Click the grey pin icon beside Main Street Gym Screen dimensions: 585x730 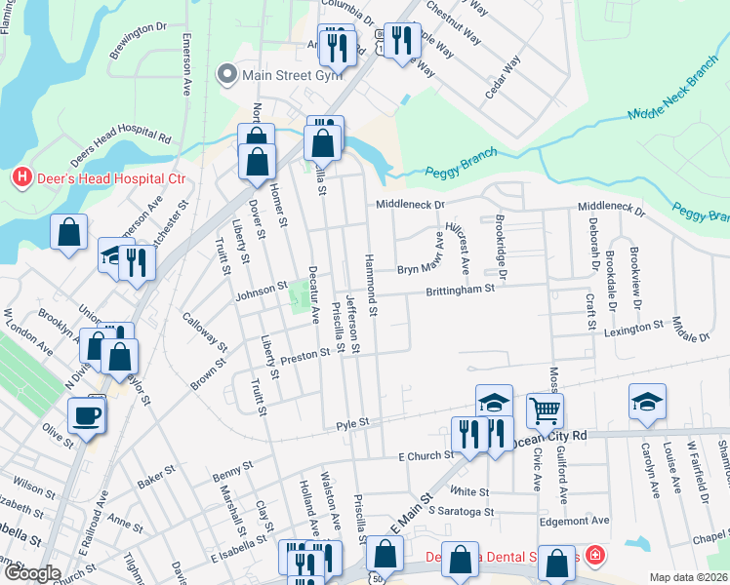pos(227,73)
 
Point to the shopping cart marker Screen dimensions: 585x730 pos(545,410)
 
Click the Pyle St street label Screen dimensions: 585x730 pos(351,423)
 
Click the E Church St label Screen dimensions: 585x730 pos(426,455)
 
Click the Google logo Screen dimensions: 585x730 pos(32,573)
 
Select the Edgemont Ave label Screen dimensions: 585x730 pos(575,521)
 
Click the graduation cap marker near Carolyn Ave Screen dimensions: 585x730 pos(647,404)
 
